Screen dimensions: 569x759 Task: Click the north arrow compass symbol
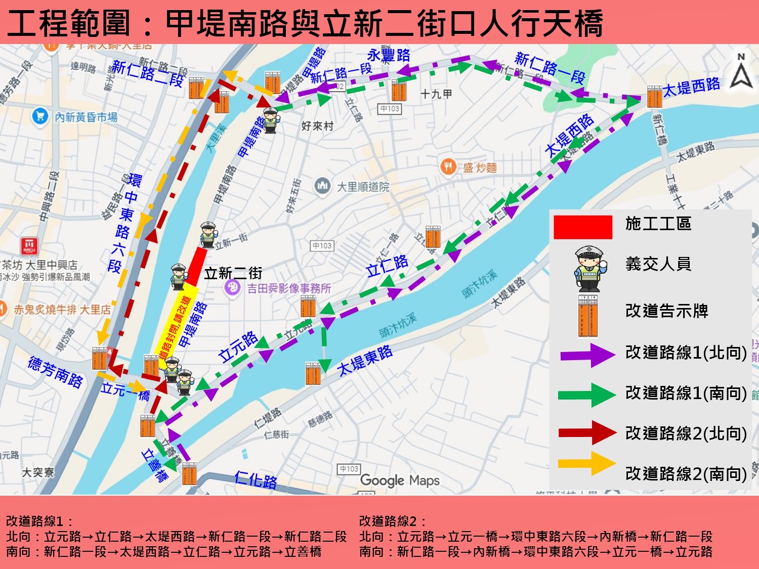click(x=741, y=72)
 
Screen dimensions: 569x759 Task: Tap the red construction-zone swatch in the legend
click(x=583, y=227)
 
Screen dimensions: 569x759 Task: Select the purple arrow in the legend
click(x=587, y=355)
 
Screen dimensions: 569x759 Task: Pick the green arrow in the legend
click(x=587, y=395)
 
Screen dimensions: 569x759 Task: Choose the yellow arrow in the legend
click(x=587, y=463)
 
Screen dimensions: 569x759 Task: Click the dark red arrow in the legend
click(x=587, y=432)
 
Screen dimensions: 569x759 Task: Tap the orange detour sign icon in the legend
click(x=588, y=315)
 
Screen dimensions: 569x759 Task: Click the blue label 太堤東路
click(x=365, y=361)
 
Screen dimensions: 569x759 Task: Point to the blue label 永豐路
click(x=388, y=55)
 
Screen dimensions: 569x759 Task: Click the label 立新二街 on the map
click(x=233, y=274)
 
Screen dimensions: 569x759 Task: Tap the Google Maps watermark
click(x=399, y=480)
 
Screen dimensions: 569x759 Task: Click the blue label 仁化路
click(x=256, y=479)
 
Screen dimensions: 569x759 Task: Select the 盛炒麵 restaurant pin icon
click(x=448, y=166)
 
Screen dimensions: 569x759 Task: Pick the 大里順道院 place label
click(x=363, y=187)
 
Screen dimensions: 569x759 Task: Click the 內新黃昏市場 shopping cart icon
click(x=39, y=116)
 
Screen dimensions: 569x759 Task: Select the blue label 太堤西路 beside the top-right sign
click(x=691, y=87)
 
